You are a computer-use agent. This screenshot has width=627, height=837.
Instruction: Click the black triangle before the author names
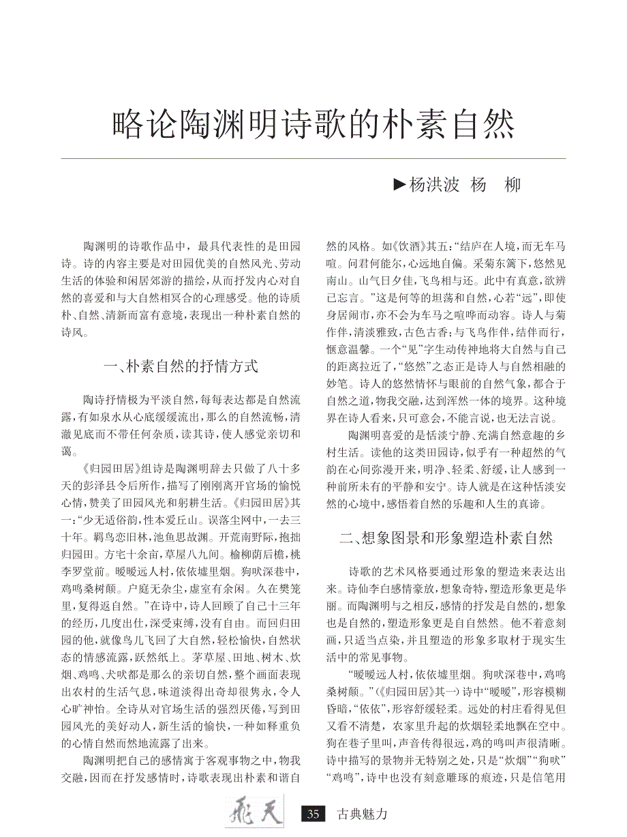[x=399, y=186]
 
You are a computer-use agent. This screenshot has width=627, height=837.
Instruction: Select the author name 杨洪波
[x=433, y=186]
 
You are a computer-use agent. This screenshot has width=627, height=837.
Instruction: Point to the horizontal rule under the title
[x=313, y=159]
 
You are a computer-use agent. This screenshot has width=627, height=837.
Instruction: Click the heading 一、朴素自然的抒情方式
[x=181, y=366]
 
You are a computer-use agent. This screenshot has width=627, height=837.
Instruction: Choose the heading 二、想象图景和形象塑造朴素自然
[x=446, y=538]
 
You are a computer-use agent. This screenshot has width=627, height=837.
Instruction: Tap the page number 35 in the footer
[x=313, y=814]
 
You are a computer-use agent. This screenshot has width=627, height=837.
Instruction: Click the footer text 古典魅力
[x=363, y=814]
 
